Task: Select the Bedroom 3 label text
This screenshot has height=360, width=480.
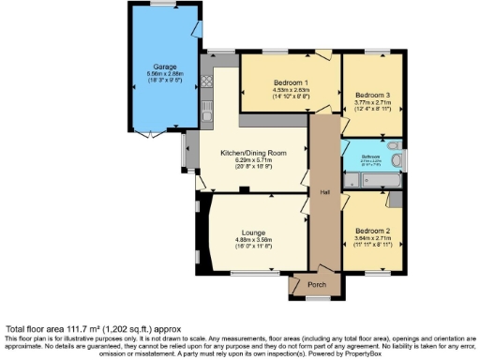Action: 371,95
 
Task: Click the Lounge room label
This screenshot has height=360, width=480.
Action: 253,232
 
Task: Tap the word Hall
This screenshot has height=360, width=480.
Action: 324,192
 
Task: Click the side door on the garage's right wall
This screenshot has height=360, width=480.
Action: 197,28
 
